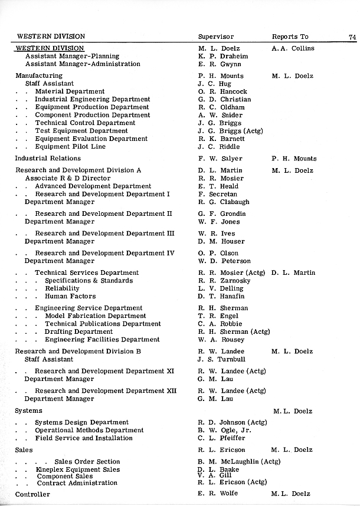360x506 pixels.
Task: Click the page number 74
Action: pos(352,37)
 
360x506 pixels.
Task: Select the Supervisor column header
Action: pos(216,37)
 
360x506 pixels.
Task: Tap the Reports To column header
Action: pos(290,37)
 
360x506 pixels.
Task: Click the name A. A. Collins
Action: pos(293,48)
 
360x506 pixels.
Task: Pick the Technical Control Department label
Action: pos(85,123)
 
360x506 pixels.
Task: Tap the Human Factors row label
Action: pos(70,297)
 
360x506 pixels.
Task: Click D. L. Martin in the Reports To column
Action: pos(293,273)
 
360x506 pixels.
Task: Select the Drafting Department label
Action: pos(78,332)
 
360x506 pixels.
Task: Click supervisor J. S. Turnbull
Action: pos(222,359)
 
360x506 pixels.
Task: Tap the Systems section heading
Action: pos(29,410)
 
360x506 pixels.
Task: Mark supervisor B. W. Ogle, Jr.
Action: pos(225,431)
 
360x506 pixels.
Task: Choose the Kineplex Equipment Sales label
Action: pos(77,470)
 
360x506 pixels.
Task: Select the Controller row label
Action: pos(32,494)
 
